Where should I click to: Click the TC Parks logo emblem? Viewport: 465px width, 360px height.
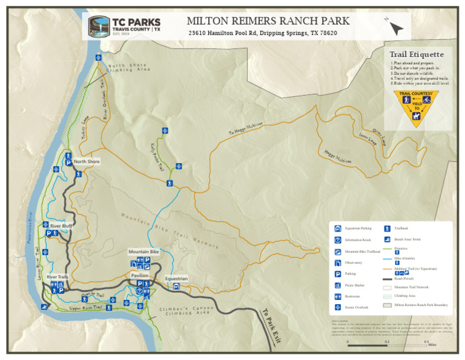point(99,26)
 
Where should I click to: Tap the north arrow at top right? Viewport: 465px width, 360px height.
point(395,27)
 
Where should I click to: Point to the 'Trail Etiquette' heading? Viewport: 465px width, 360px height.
point(417,55)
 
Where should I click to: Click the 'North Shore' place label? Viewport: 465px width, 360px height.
point(87,162)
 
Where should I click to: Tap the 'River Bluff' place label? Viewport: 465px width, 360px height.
point(61,225)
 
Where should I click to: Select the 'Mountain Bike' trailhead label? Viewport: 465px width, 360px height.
point(143,251)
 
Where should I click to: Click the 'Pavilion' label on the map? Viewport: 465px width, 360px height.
point(140,276)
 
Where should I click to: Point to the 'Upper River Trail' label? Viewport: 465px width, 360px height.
point(85,308)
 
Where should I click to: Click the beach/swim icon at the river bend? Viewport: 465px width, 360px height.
point(44,307)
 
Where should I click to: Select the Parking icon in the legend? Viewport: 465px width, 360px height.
point(338,274)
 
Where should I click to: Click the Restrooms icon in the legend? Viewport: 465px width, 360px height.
point(338,296)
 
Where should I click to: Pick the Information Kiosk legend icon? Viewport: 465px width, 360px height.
point(338,239)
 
